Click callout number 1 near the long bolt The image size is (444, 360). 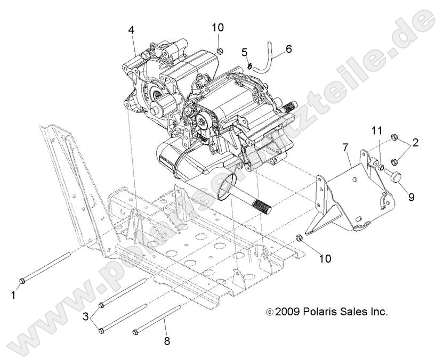pyautogui.click(x=14, y=293)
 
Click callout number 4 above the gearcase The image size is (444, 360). pyautogui.click(x=131, y=30)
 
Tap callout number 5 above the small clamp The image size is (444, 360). pyautogui.click(x=245, y=52)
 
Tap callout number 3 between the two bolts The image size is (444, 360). pyautogui.click(x=85, y=316)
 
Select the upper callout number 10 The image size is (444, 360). pyautogui.click(x=219, y=27)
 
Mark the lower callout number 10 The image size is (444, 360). pyautogui.click(x=325, y=258)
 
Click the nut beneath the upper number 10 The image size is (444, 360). pyautogui.click(x=219, y=51)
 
